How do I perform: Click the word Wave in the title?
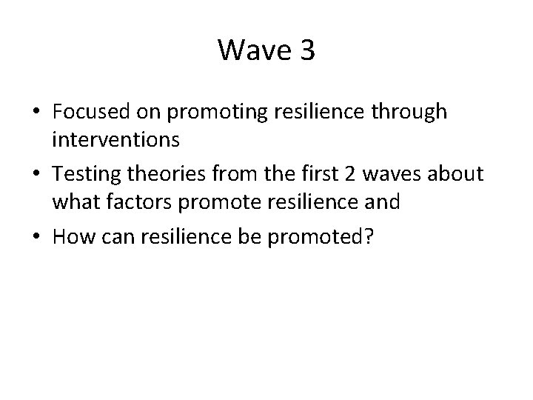point(252,50)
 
